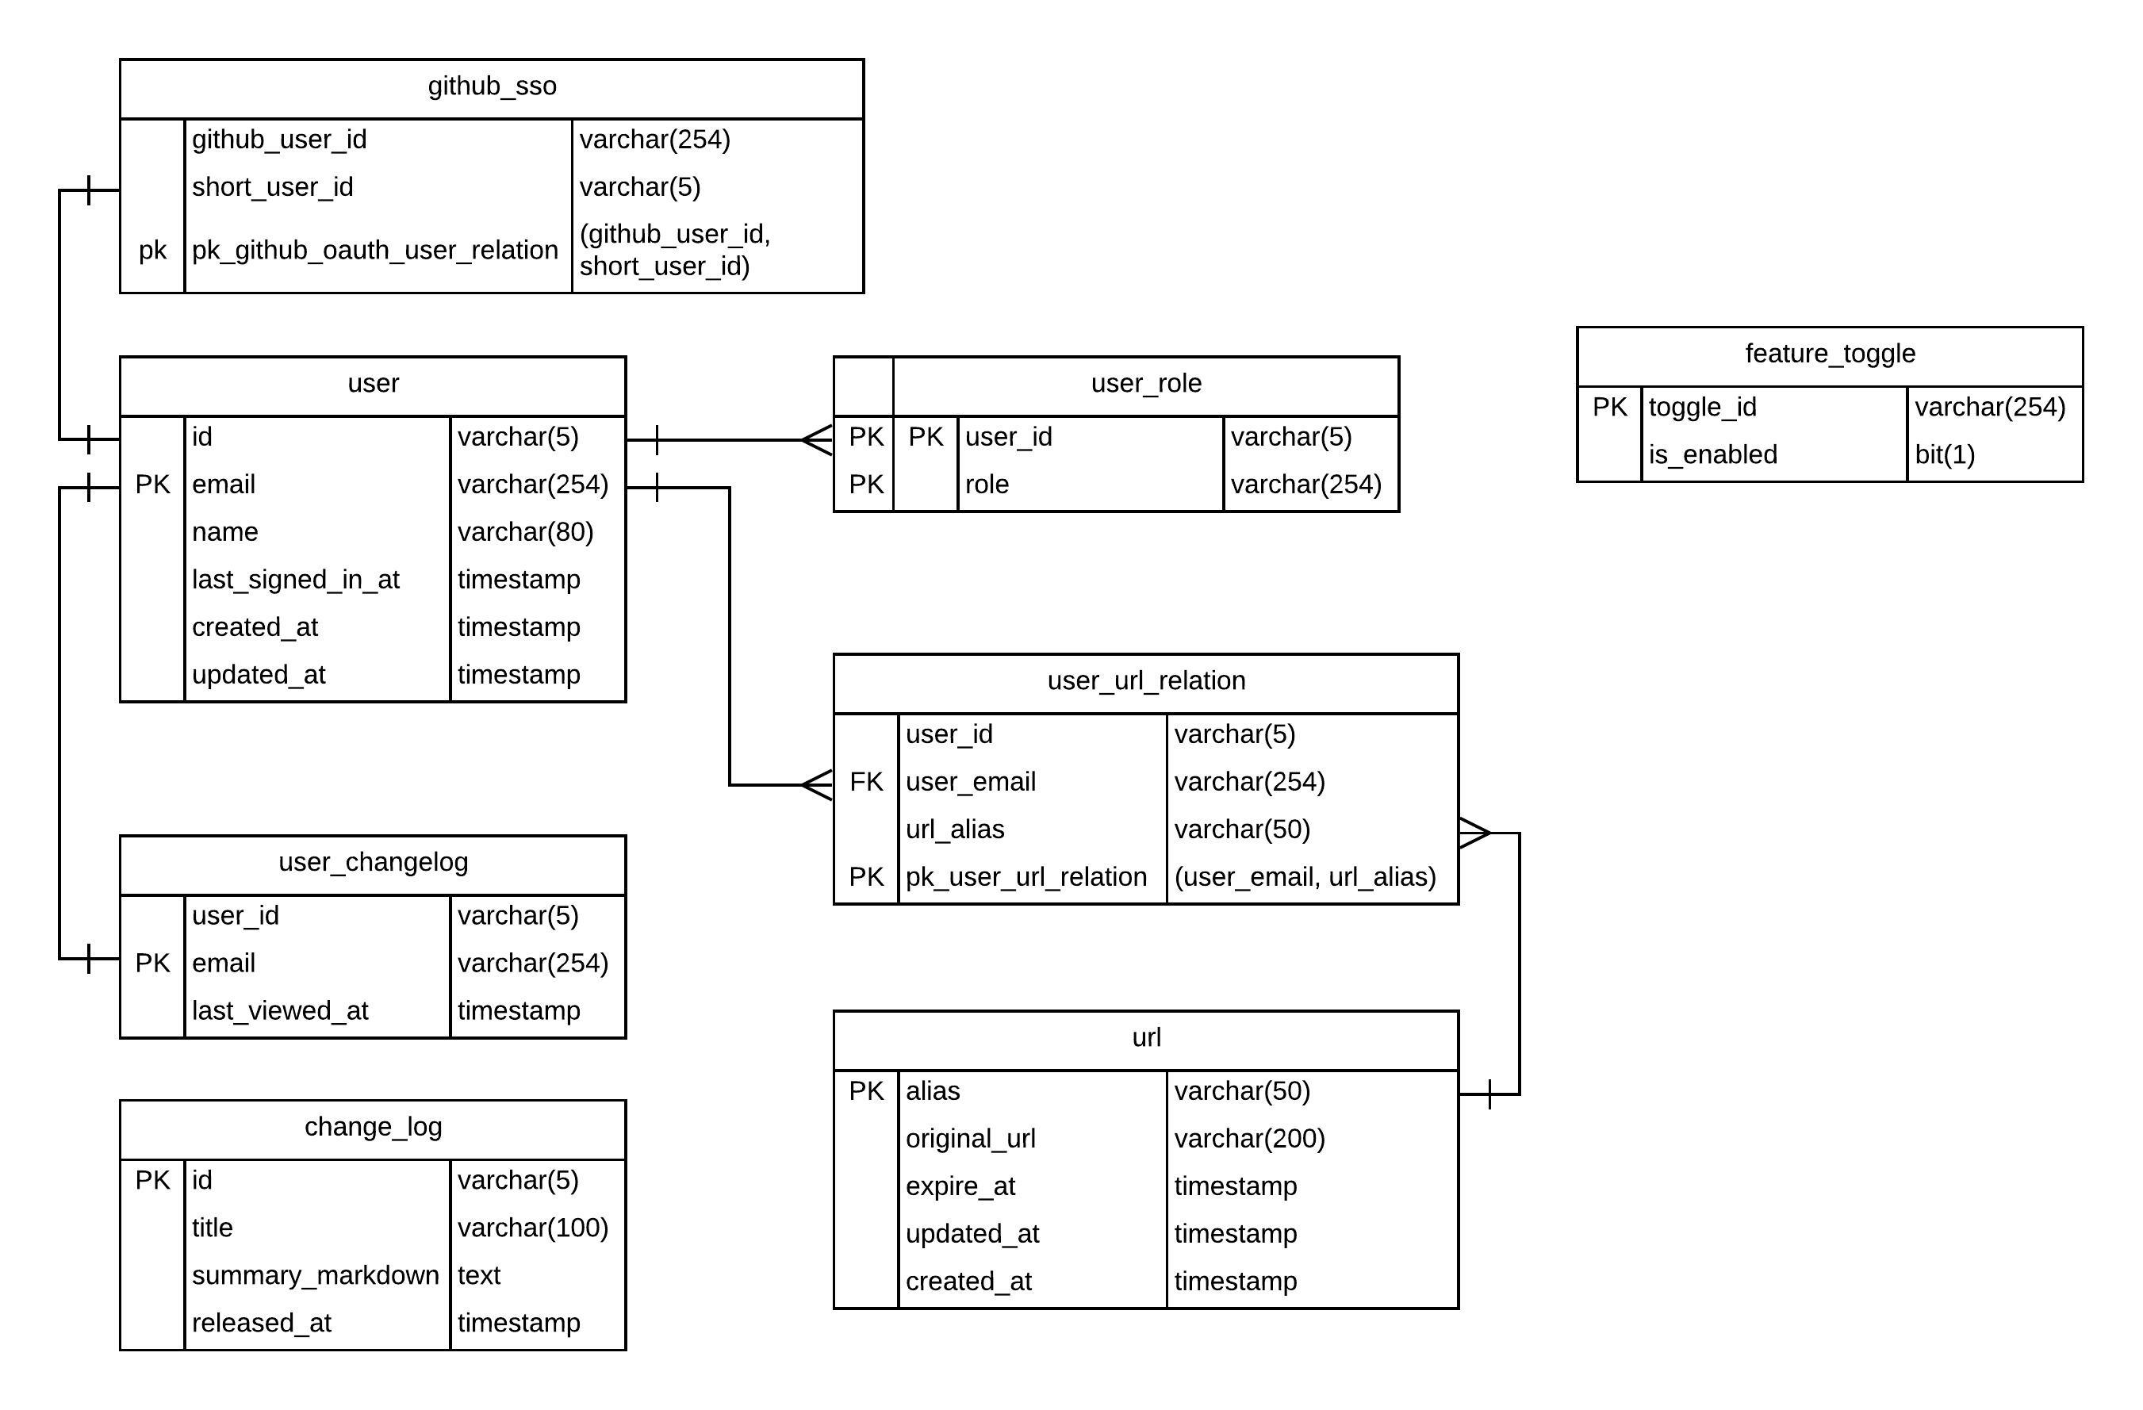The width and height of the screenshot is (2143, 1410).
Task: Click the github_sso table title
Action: (492, 86)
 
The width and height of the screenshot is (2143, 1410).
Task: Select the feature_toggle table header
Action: (1829, 354)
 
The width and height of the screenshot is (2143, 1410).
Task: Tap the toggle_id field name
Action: (1702, 407)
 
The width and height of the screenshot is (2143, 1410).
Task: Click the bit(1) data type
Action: (1944, 454)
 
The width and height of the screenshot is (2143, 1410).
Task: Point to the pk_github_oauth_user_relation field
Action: (374, 251)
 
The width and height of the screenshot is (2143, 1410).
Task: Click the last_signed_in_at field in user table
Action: (295, 580)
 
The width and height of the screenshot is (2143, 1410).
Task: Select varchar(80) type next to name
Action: (525, 532)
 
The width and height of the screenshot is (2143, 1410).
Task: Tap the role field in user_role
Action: (986, 485)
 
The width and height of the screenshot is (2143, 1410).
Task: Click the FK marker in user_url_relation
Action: (865, 782)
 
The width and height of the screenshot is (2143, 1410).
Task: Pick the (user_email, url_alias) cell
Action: (1305, 877)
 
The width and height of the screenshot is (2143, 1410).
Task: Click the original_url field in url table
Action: (970, 1139)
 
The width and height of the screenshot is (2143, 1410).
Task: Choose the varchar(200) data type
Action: (1249, 1139)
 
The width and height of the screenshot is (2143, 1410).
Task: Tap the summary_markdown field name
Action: (315, 1276)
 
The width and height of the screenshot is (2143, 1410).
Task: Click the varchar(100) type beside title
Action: (532, 1228)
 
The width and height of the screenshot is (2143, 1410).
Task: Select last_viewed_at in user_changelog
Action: (280, 1011)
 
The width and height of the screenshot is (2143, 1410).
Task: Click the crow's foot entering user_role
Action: (818, 440)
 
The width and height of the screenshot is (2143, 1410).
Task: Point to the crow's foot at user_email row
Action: (818, 785)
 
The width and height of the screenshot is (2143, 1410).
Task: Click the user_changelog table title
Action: (373, 863)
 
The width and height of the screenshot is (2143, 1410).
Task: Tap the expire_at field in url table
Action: (960, 1186)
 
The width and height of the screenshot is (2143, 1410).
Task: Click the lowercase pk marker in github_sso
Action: (152, 251)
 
